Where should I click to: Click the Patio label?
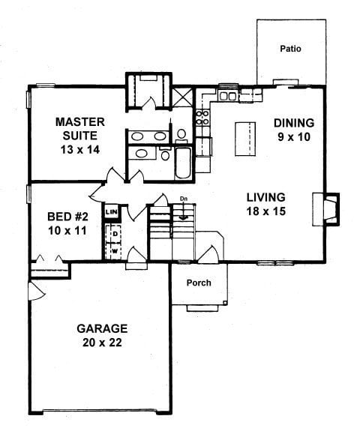click(290, 49)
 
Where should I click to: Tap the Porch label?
click(199, 283)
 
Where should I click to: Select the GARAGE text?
click(102, 328)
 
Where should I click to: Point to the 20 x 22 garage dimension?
click(102, 343)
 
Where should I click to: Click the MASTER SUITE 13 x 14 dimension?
click(80, 150)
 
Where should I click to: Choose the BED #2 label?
click(67, 217)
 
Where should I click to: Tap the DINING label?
click(294, 123)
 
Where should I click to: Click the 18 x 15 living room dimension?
click(265, 211)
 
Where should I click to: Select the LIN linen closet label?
click(112, 212)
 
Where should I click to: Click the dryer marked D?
click(115, 234)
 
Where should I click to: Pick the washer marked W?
click(115, 251)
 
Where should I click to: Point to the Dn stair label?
click(184, 199)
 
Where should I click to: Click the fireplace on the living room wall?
click(325, 209)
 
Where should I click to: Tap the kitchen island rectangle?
click(245, 139)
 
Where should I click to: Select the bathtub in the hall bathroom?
click(183, 163)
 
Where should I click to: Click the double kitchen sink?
click(228, 96)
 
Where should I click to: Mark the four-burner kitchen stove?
click(202, 118)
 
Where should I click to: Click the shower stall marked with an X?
click(182, 97)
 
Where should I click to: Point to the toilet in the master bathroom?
click(181, 135)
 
